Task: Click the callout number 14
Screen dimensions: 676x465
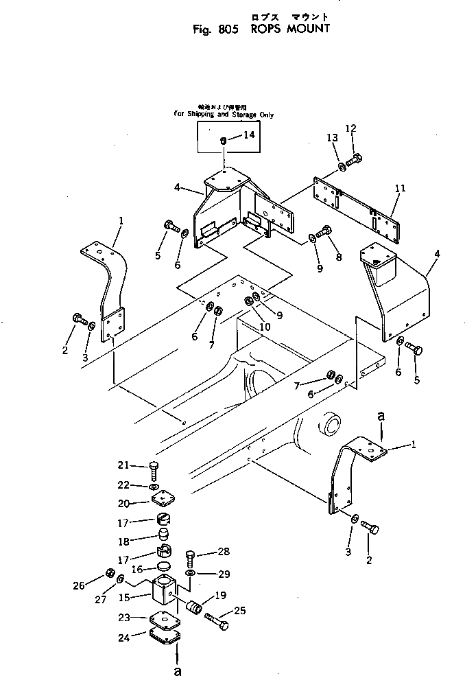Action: pos(248,135)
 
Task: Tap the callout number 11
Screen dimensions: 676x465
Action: pos(401,187)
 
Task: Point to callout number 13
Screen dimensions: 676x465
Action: pos(332,138)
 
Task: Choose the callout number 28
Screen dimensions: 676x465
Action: pos(224,552)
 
